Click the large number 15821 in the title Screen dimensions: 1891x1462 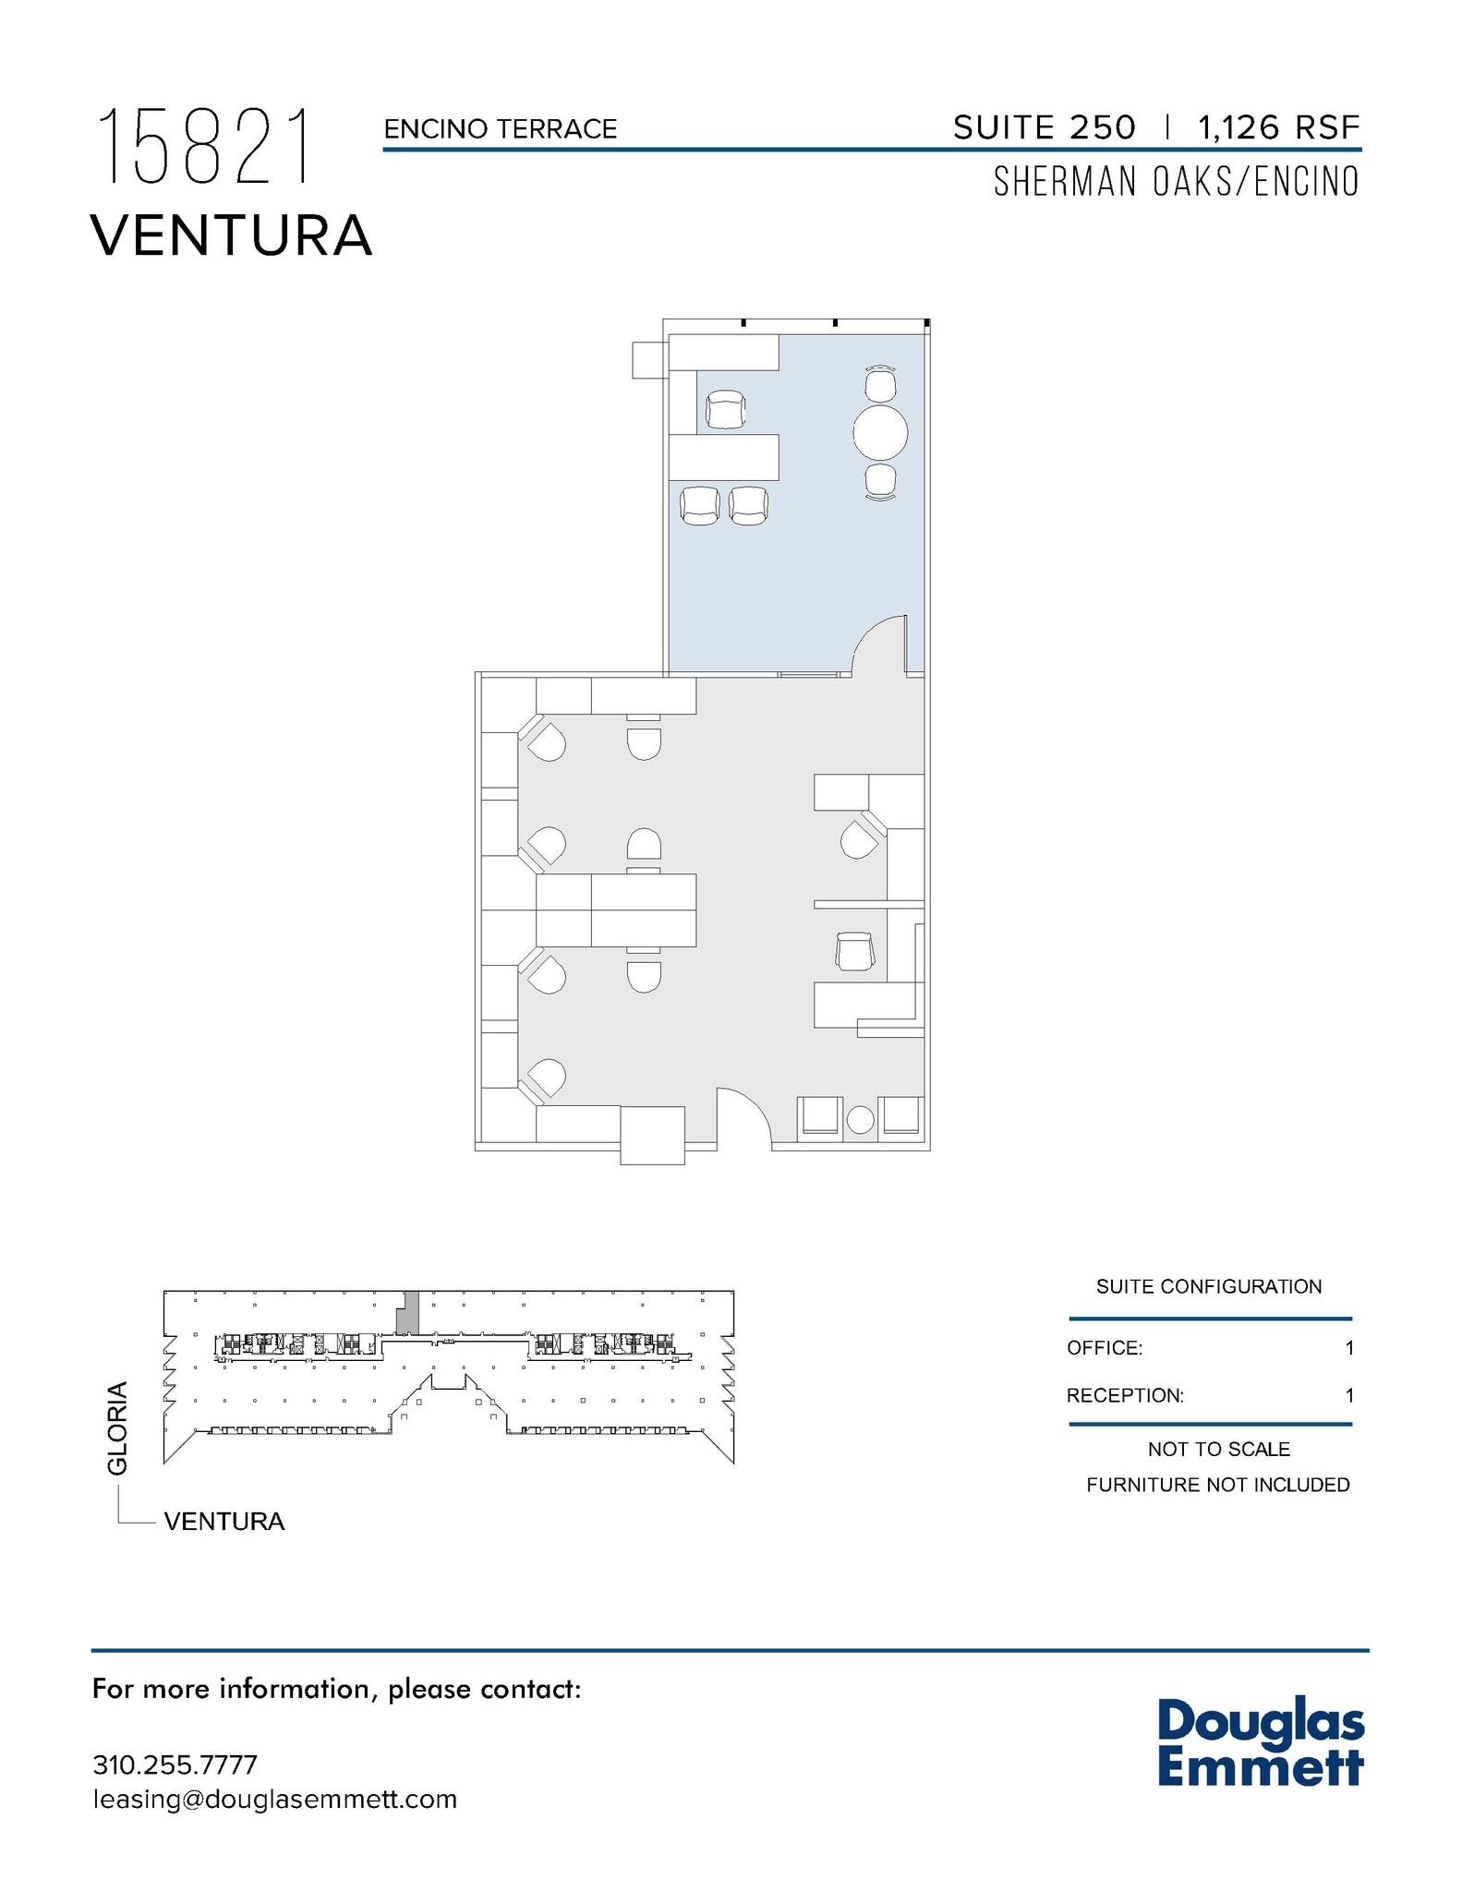pos(205,147)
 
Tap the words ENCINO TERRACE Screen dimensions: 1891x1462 pos(500,129)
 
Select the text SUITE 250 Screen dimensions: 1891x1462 pos(1044,127)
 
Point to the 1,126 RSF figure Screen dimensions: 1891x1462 pos(1278,127)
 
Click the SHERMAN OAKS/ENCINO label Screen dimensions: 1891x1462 pos(1176,182)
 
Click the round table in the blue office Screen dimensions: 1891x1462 pos(880,432)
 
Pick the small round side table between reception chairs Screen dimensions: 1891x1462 pos(860,1120)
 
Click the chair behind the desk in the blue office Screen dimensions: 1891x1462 pos(725,410)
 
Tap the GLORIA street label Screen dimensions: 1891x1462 pos(117,1428)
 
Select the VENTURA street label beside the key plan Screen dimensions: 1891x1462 pos(224,1522)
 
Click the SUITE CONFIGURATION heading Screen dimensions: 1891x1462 pos(1208,1287)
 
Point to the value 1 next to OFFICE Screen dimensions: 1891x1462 pos(1348,1348)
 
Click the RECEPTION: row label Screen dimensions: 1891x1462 pos(1124,1395)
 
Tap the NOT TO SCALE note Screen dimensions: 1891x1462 pos(1218,1450)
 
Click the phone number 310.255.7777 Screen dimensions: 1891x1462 pos(175,1765)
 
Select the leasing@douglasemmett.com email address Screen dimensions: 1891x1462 pos(274,1800)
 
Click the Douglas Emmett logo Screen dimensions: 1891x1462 pos(1260,1742)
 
